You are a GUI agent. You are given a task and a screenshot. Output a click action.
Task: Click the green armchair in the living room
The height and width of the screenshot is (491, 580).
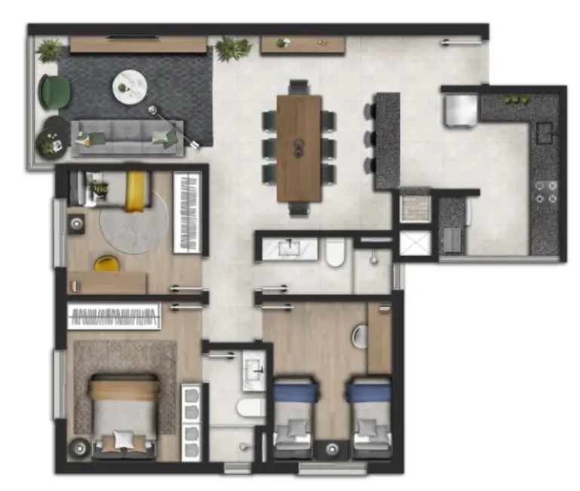pos(55,92)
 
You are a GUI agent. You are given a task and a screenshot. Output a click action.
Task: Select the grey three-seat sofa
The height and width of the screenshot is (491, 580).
pos(127,137)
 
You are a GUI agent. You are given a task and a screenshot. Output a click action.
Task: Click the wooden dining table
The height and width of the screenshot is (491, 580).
pos(299,147)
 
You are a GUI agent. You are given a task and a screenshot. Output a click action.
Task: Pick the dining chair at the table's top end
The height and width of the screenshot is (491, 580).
pos(299,87)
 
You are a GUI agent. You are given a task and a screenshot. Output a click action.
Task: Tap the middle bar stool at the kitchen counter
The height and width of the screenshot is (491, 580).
pos(370,138)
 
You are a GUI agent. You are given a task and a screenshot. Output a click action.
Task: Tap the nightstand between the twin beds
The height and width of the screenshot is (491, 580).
pos(333,449)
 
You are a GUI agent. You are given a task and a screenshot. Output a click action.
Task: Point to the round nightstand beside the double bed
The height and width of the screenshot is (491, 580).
pos(78,449)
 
